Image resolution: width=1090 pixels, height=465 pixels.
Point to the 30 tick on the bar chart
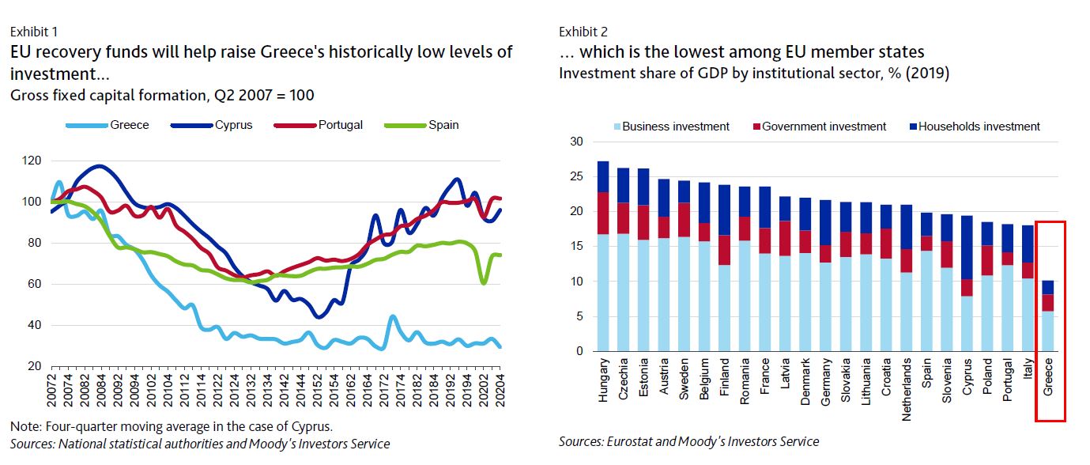tap(576, 142)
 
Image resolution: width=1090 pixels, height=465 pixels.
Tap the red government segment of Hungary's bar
tap(604, 214)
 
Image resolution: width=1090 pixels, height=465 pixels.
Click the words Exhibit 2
tap(583, 32)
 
